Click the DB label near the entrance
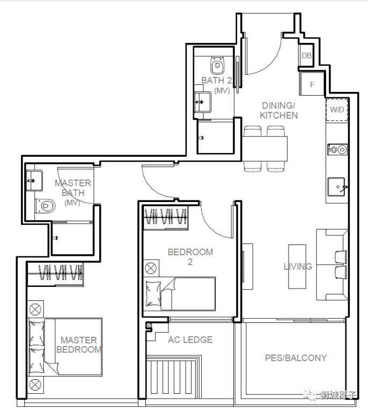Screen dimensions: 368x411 coord(306,55)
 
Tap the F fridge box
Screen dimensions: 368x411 coord(312,84)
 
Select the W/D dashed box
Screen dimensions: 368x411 coord(337,110)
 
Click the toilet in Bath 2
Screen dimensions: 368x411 coord(217,65)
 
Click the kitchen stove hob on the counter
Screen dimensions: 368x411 coord(337,149)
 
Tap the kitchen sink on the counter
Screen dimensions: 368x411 coord(337,186)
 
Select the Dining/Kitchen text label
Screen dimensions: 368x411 coord(279,110)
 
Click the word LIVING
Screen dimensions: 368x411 coord(298,266)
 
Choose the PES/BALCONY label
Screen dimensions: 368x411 coord(296,358)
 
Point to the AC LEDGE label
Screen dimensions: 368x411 coord(190,340)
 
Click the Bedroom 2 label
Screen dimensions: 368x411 coord(190,257)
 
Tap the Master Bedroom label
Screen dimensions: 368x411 coord(79,345)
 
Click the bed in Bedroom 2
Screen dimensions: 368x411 coord(180,294)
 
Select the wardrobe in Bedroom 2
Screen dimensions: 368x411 coord(166,217)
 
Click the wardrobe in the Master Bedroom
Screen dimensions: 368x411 coord(55,274)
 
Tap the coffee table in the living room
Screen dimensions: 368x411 coord(297,266)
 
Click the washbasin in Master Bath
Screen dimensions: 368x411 coord(34,181)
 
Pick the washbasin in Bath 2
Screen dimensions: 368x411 coord(202,102)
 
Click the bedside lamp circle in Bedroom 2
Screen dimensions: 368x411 coord(151,269)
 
